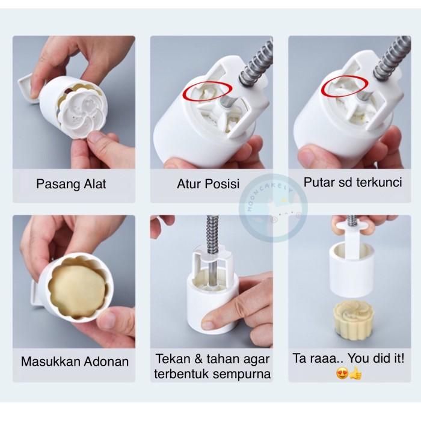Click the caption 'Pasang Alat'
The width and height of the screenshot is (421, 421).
pyautogui.click(x=71, y=184)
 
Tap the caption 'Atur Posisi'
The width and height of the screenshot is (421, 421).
pyautogui.click(x=208, y=184)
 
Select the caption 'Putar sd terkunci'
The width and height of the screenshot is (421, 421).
pyautogui.click(x=352, y=183)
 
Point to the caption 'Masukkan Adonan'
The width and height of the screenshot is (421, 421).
pyautogui.click(x=75, y=361)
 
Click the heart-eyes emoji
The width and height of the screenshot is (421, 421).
pyautogui.click(x=342, y=373)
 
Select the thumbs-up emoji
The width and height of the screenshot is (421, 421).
pyautogui.click(x=355, y=373)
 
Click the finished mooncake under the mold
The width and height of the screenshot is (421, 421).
pyautogui.click(x=349, y=318)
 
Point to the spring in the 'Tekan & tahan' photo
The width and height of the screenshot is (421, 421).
pyautogui.click(x=212, y=233)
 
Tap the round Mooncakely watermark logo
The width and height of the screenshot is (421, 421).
pyautogui.click(x=273, y=207)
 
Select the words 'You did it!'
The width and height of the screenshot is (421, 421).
pyautogui.click(x=376, y=358)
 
